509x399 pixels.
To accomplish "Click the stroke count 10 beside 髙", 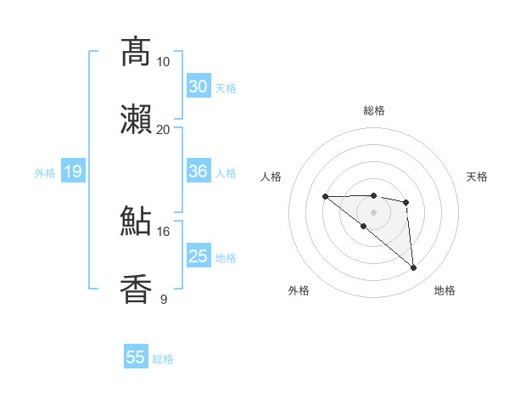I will pos(163,62).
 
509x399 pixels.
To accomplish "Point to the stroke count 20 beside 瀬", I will pos(163,129).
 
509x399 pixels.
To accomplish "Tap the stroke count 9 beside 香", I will pos(163,299).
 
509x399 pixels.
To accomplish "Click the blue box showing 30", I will pos(199,87).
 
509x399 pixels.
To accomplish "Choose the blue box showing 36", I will pos(199,171).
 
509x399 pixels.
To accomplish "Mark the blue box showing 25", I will pos(199,256).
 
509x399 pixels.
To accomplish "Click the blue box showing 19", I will pos(72,172).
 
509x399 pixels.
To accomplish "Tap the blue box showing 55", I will pos(136,357).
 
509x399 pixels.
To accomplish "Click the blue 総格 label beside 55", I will pos(163,359).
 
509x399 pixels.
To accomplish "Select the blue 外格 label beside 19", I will pos(45,173).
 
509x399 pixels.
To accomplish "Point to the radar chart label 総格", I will pos(373,110).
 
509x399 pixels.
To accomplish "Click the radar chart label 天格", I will pos(477,177).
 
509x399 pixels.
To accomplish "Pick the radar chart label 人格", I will pos(271,177).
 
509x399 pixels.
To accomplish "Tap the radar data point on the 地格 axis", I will pos(414,268).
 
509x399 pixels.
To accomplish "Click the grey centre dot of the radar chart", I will pos(373,211).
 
